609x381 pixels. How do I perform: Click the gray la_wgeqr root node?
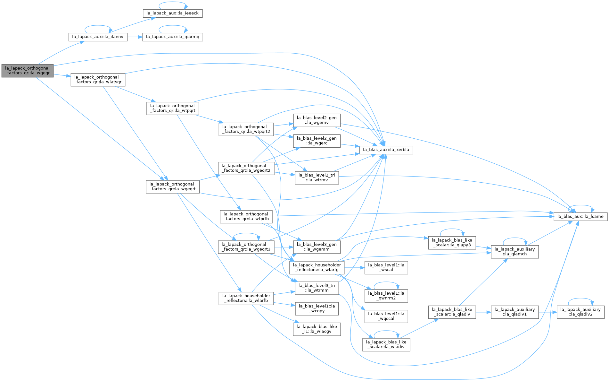pos(27,71)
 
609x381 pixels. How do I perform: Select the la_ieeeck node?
pos(172,13)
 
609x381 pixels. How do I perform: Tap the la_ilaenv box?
pos(98,37)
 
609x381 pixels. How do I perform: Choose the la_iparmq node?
pos(173,37)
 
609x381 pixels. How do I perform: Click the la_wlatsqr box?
pos(98,80)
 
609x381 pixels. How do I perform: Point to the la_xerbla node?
pos(386,150)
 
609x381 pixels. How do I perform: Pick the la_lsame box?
pos(580,217)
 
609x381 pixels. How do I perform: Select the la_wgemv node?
pos(317,120)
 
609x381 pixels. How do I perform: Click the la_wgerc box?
pos(317,141)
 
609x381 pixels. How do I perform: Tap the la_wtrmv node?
pos(317,178)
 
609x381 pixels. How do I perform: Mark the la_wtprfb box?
pos(246,217)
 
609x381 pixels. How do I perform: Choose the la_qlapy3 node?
pos(452,243)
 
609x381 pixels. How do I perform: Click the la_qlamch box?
pos(515,252)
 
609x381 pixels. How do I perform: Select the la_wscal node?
pos(386,268)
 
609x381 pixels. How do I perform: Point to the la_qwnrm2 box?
pos(386,296)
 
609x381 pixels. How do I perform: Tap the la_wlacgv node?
pos(317,329)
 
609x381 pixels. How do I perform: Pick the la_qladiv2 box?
pos(580,312)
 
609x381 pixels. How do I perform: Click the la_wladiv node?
pos(386,345)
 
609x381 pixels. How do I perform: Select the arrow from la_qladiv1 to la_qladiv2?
pos(547,312)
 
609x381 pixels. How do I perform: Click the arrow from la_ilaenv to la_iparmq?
pos(135,37)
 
